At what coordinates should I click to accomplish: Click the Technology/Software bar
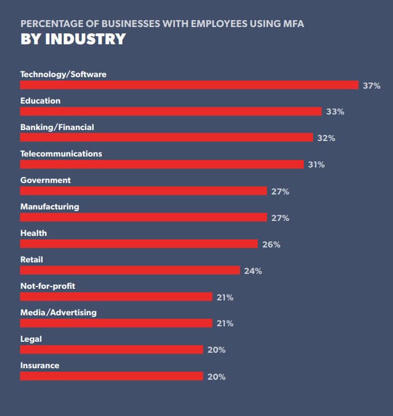[x=189, y=85]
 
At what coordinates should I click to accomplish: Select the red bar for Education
[x=171, y=112]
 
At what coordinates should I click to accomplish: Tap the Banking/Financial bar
[x=166, y=138]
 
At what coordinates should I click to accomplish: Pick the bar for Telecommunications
[x=162, y=165]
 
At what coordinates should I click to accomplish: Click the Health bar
[x=139, y=244]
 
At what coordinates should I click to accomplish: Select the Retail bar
[x=129, y=270]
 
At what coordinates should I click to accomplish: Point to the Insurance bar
[x=112, y=376]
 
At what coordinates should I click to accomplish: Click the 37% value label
[x=372, y=86]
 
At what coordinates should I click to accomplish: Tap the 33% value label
[x=335, y=112]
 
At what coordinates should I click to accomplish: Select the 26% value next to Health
[x=271, y=245]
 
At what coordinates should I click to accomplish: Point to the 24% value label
[x=253, y=271]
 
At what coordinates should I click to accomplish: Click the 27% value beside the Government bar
[x=280, y=192]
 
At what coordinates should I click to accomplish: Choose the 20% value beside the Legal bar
[x=216, y=350]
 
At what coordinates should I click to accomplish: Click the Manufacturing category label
[x=49, y=207]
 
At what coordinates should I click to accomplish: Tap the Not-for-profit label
[x=48, y=286]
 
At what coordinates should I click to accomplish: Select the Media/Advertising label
[x=58, y=312]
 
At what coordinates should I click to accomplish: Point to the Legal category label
[x=31, y=339]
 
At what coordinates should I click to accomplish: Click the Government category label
[x=45, y=180]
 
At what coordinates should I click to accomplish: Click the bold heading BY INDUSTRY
[x=73, y=39]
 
